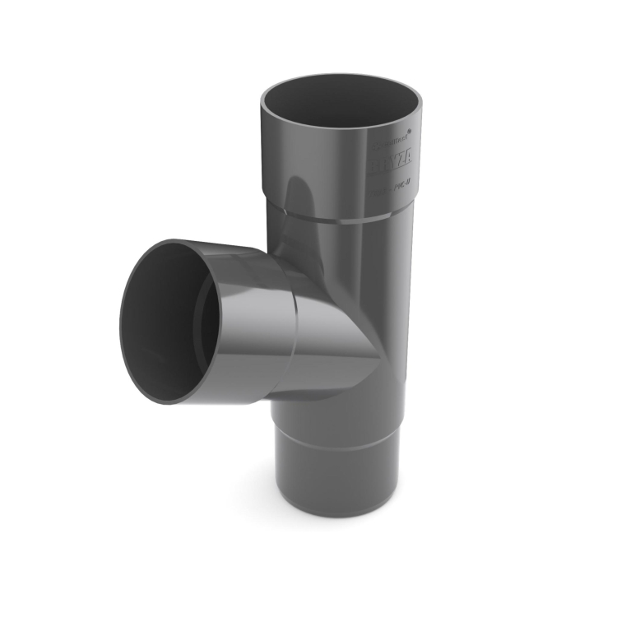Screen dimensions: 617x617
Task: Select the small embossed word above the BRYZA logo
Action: (395, 141)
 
